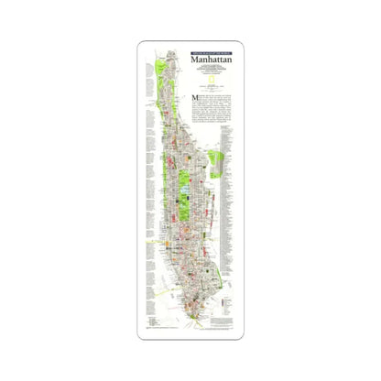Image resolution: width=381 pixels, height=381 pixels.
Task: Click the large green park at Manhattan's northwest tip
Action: click(162, 70)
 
